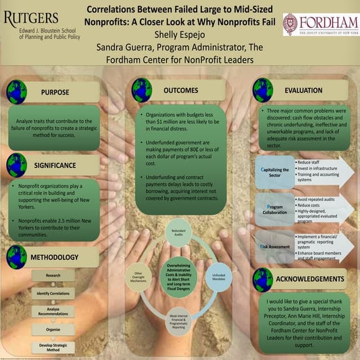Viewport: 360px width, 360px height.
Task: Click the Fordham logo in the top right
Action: click(320, 24)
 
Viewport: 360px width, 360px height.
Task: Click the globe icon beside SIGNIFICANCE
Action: click(17, 165)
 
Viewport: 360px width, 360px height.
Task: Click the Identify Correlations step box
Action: click(52, 293)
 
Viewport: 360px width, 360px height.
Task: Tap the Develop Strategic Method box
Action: click(52, 348)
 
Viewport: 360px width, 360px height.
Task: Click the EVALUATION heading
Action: click(303, 91)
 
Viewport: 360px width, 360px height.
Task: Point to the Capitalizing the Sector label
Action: click(275, 171)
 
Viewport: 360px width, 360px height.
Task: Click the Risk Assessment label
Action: click(275, 247)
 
